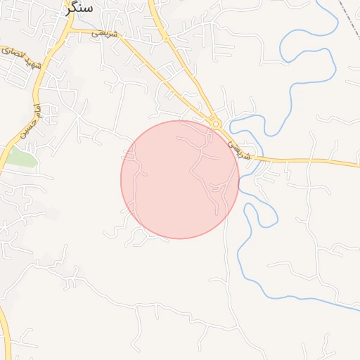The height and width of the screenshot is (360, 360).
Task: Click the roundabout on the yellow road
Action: (217, 124)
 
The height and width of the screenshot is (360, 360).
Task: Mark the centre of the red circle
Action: (180, 179)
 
